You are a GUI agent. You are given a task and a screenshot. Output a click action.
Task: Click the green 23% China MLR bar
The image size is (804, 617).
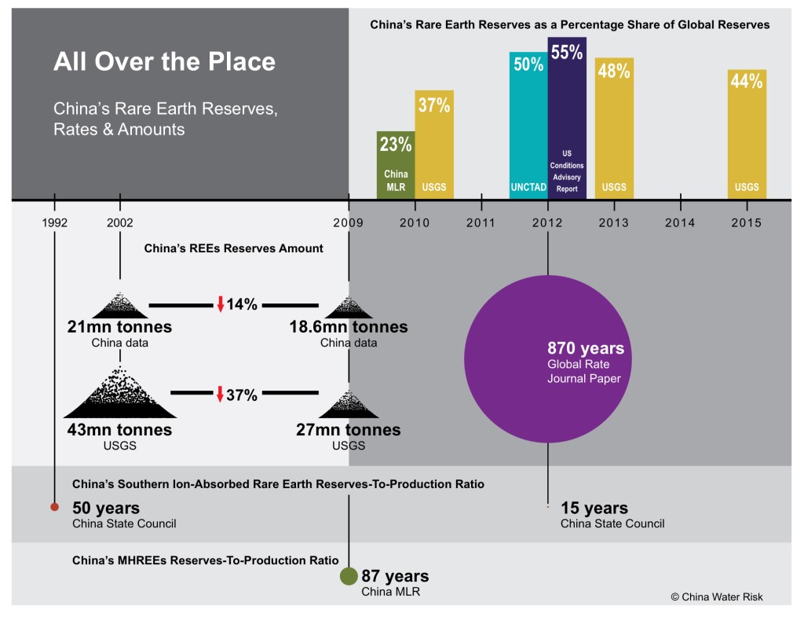click(x=396, y=165)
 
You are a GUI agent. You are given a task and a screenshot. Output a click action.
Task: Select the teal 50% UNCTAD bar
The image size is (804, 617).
click(x=528, y=126)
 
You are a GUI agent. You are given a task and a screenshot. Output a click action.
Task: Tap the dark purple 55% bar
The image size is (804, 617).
click(x=567, y=118)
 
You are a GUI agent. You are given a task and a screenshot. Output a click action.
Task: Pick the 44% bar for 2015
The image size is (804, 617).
click(x=747, y=134)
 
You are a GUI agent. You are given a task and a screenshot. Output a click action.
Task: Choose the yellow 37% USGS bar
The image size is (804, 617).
click(x=434, y=145)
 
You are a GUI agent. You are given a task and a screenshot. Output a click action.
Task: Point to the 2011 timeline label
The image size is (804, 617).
click(x=481, y=223)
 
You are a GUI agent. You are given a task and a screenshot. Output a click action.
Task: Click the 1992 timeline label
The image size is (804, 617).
click(x=54, y=223)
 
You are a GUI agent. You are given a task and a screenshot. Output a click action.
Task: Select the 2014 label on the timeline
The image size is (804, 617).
click(x=680, y=223)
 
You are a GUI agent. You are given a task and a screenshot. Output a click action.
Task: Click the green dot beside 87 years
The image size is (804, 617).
click(x=349, y=576)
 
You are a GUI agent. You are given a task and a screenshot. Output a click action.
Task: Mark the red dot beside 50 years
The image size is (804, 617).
click(x=54, y=507)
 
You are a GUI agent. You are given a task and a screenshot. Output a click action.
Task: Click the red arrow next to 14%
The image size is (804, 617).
click(x=221, y=304)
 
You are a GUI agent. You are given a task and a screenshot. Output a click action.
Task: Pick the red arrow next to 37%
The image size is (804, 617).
click(x=221, y=394)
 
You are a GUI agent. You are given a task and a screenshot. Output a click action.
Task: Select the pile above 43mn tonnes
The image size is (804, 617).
click(x=119, y=394)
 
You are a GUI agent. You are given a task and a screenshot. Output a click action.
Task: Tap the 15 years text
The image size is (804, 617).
click(x=594, y=509)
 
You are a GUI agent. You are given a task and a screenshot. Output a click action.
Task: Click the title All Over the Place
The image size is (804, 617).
click(x=164, y=61)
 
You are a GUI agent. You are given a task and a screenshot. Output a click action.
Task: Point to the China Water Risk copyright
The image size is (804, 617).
click(x=716, y=597)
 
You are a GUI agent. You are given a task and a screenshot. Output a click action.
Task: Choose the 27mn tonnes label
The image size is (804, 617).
click(x=348, y=430)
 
